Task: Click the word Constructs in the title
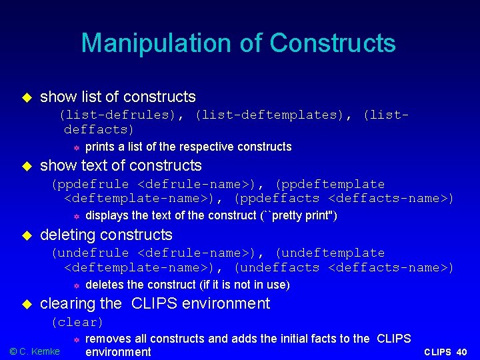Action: (333, 43)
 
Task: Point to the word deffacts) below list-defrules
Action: (99, 129)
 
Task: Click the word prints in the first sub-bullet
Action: (100, 147)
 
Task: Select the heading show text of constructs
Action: (121, 165)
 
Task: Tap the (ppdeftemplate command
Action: (330, 184)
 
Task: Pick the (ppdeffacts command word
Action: (277, 199)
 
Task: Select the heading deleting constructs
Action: (106, 235)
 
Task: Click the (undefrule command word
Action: (91, 253)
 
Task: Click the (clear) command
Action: (77, 323)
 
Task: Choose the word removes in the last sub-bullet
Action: (108, 339)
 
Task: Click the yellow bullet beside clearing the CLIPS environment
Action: (27, 304)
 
